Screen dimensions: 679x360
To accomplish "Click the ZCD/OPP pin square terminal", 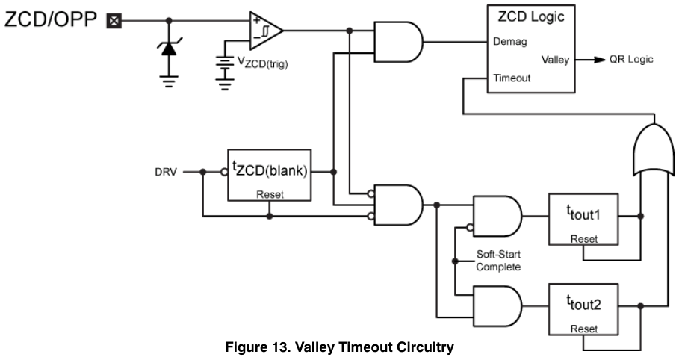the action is click(114, 21).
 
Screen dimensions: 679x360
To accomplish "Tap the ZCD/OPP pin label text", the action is click(51, 20).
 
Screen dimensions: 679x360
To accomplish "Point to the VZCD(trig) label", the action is click(262, 63).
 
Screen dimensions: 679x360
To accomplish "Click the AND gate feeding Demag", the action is click(398, 42).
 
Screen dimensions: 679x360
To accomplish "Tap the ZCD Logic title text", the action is click(531, 16).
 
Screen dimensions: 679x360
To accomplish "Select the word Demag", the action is click(510, 42).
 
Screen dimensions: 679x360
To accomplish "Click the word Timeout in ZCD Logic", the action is click(512, 78).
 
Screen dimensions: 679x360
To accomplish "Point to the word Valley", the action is click(555, 60).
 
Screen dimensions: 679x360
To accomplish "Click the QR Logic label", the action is click(631, 59).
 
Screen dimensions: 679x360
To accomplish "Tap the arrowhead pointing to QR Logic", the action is click(600, 60).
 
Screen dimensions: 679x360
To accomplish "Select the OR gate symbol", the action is click(654, 149).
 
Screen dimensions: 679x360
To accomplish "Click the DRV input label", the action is click(166, 172).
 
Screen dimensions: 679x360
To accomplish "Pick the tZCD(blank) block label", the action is click(270, 169).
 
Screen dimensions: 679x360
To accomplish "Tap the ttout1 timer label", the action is click(583, 213).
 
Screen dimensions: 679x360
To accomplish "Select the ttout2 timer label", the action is click(583, 303).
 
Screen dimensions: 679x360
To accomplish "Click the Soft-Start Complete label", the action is click(498, 261).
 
